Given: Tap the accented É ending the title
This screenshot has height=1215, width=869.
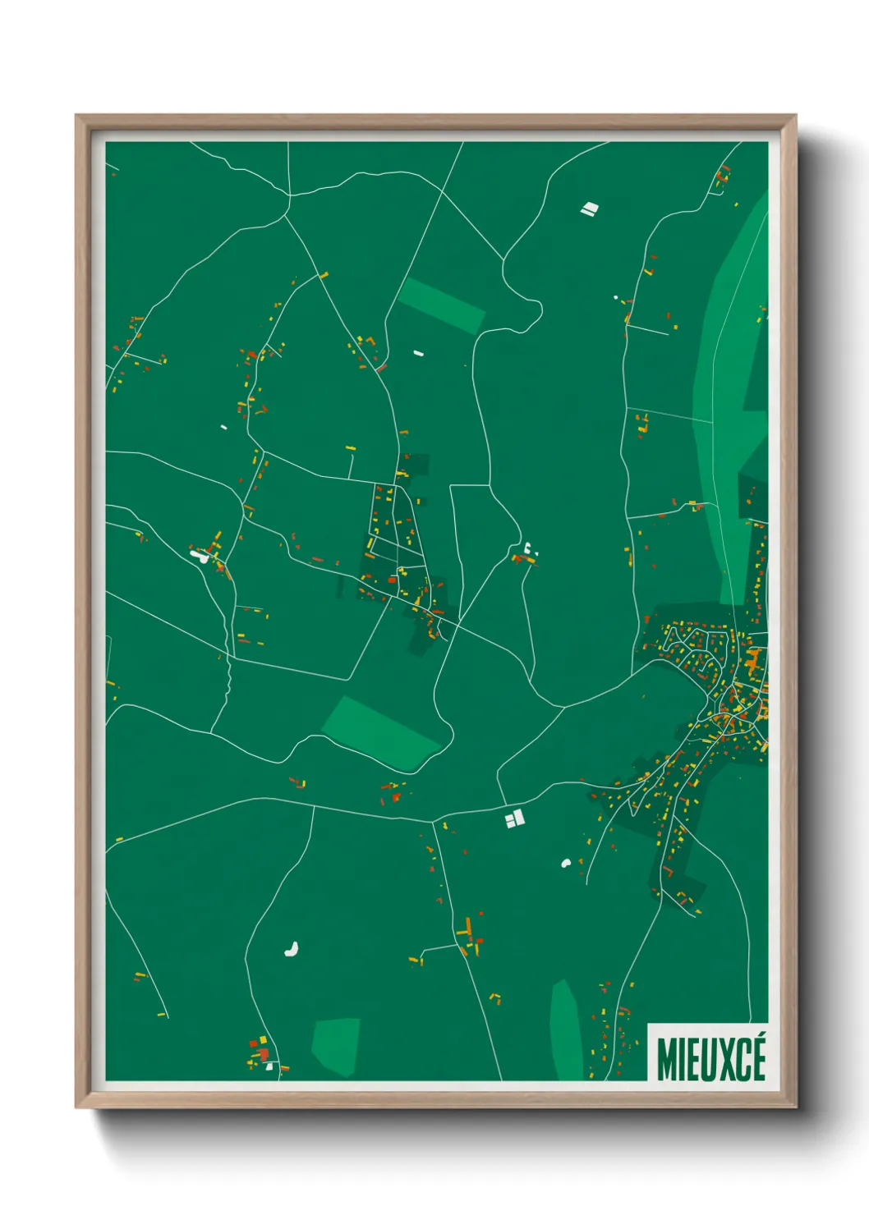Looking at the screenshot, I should (757, 1057).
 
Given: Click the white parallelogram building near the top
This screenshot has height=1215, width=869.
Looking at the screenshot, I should (589, 209).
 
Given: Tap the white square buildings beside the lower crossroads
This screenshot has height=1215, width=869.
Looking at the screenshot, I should (515, 818).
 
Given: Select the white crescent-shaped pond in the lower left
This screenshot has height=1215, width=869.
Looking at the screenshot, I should (291, 950).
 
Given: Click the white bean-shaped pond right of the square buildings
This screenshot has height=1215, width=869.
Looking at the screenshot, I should (566, 863).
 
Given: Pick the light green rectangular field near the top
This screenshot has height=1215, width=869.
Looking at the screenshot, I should (442, 305).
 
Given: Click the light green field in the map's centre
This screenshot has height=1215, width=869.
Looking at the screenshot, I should (381, 732).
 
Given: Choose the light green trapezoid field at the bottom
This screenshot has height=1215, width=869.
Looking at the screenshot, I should (335, 1046).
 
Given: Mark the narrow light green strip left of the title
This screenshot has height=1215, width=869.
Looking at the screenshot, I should (565, 1030).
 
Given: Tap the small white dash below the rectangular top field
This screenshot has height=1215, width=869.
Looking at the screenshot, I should (418, 354).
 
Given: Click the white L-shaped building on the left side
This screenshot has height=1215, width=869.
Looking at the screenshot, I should (199, 556).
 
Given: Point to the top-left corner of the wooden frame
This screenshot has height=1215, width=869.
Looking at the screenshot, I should (76, 116).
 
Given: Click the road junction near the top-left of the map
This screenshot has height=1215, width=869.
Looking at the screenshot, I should (289, 195).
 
